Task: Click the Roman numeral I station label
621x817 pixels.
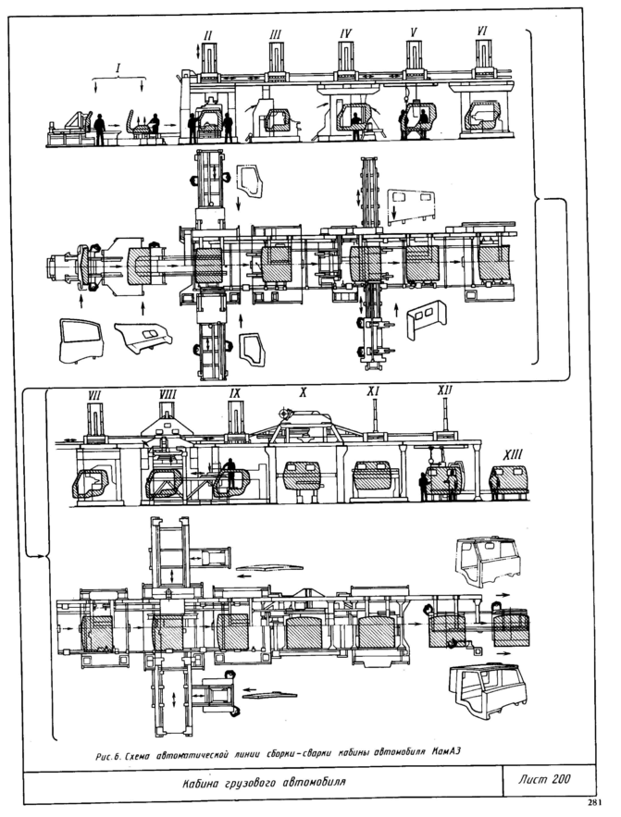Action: click(x=118, y=68)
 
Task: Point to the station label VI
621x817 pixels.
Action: click(x=482, y=31)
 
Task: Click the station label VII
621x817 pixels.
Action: click(x=93, y=395)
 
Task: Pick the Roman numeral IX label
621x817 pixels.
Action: click(x=236, y=393)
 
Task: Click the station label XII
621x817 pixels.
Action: click(x=445, y=392)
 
